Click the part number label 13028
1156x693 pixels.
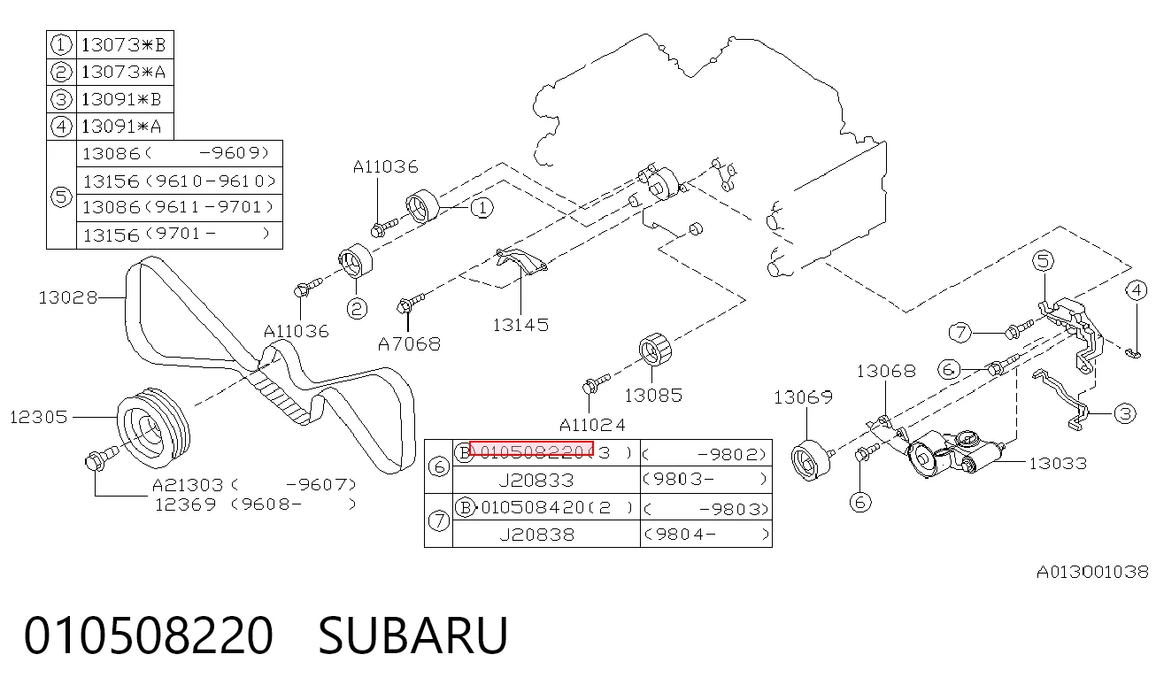[x=67, y=297]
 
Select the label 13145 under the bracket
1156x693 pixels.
[x=520, y=325]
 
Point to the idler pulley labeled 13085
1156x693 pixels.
[x=655, y=350]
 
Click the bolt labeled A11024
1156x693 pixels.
[x=595, y=384]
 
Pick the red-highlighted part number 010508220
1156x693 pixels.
[x=532, y=449]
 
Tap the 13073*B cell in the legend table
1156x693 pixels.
[x=125, y=45]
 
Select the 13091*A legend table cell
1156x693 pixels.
[x=125, y=127]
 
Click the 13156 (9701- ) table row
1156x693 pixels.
[x=179, y=235]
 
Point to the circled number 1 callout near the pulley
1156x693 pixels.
[x=482, y=208]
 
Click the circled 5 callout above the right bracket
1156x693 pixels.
[x=1043, y=260]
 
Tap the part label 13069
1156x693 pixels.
[x=803, y=397]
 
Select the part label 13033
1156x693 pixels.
[x=1058, y=464]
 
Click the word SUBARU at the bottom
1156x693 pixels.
[x=412, y=635]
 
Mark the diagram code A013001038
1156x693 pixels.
[x=1092, y=572]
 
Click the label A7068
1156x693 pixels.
[x=409, y=344]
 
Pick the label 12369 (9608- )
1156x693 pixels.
[x=256, y=504]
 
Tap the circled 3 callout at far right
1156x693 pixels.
[x=1125, y=413]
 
